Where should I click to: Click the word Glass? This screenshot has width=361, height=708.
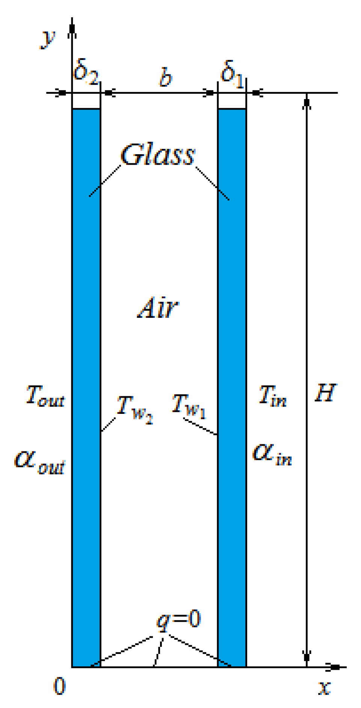(157, 155)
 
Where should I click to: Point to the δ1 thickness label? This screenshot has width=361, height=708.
(232, 72)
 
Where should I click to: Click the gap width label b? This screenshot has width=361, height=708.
(166, 78)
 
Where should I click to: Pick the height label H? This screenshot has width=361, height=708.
(325, 393)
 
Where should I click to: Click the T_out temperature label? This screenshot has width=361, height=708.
(45, 396)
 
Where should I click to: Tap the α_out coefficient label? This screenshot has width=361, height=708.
(40, 462)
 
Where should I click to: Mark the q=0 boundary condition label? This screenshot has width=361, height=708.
(179, 620)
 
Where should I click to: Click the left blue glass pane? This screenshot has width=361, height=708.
(86, 375)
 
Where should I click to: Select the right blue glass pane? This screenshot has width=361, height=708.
(232, 375)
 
